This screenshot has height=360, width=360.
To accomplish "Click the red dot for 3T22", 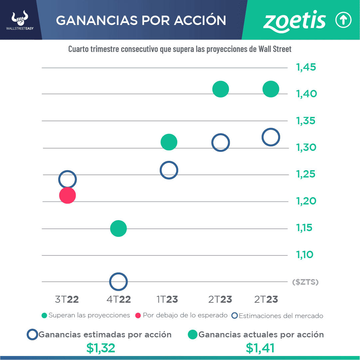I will tap(68, 195).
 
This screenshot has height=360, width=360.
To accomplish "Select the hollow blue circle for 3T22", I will tap(68, 180).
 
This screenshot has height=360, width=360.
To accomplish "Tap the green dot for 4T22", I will tap(118, 228).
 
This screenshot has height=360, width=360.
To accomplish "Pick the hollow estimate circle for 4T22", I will tap(118, 281).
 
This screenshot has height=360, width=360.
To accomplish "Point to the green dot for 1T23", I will tap(169, 142).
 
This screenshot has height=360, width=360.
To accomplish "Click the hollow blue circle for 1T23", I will tap(169, 170).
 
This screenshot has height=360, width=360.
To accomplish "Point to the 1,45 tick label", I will tap(306, 68).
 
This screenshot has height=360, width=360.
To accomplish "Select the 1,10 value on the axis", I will tap(305, 255).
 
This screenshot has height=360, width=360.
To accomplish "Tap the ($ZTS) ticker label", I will tap(305, 282).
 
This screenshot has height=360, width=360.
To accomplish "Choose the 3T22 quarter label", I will tap(67, 299).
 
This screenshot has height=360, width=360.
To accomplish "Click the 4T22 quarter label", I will tap(119, 299).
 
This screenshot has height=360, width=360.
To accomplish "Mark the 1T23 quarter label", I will tap(167, 299).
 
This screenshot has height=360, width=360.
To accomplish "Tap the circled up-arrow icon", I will tap(343, 21).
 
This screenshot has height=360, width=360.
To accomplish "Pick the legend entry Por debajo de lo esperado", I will tap(181, 315).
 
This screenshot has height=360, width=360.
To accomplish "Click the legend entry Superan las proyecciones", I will tap(86, 315).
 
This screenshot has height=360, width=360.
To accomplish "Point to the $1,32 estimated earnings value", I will tap(101, 348).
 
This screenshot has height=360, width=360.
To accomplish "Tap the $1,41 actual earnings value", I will tap(260, 348).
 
